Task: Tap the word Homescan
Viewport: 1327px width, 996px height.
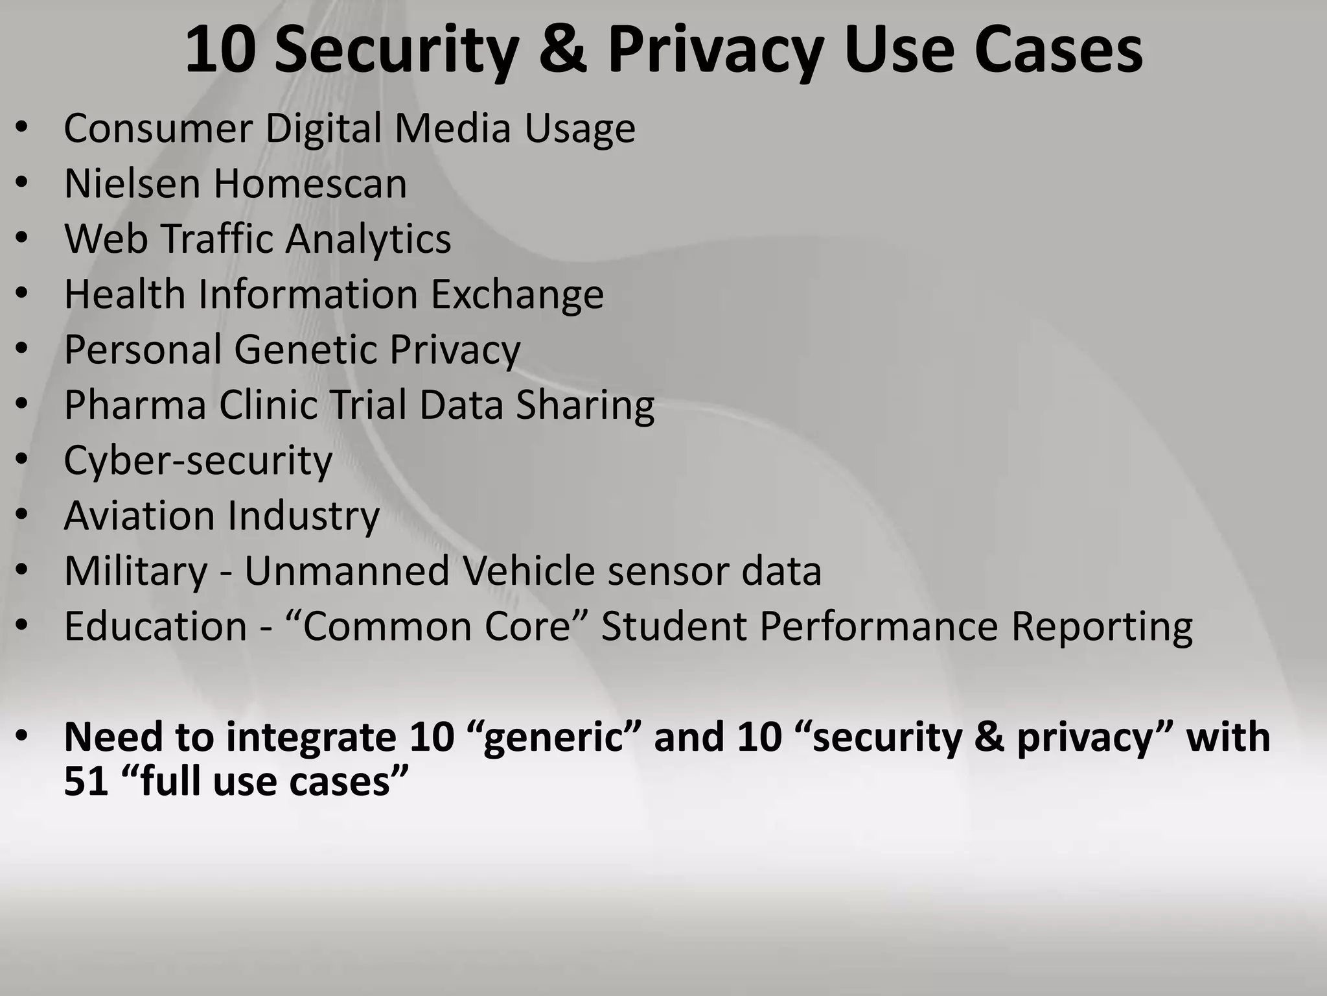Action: click(x=310, y=184)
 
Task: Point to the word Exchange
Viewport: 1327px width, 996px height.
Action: click(x=517, y=295)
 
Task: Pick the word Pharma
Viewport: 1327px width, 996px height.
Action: click(x=135, y=405)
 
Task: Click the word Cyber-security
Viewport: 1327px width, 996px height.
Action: click(x=198, y=460)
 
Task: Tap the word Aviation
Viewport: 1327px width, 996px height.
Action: click(x=139, y=516)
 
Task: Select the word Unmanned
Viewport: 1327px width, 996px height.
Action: click(x=346, y=571)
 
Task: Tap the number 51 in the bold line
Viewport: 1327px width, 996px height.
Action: click(x=86, y=781)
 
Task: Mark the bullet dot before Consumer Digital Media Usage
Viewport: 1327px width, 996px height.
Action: click(x=22, y=128)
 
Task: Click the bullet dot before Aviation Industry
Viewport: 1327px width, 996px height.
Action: click(x=22, y=516)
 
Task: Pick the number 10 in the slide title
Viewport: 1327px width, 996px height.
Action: click(x=218, y=51)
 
